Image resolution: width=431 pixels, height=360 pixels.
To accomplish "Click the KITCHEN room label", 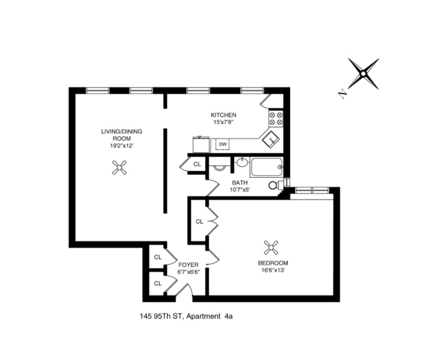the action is (223, 115).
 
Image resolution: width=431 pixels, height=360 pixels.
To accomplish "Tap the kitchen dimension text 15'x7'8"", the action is (223, 122).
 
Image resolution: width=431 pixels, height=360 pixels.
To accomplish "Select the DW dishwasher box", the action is (223, 144).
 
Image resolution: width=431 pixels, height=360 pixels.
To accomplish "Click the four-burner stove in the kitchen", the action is (275, 119).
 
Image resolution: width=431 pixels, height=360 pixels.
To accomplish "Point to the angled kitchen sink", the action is (270, 139).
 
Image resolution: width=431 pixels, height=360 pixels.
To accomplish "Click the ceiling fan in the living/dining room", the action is (120, 168).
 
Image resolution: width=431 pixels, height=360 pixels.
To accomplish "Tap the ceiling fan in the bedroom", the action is (271, 248).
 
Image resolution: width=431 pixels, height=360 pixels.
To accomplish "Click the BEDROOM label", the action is (273, 263).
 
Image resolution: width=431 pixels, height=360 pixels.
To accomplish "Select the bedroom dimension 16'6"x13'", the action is (273, 270).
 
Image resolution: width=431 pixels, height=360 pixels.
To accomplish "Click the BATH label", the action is (240, 183).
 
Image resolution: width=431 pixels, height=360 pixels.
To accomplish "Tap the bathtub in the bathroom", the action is (266, 167).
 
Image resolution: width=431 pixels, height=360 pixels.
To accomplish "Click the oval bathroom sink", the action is (242, 163).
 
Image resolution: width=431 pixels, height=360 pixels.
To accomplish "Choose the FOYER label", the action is (188, 265).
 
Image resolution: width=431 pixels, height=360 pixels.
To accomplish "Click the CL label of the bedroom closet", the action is (199, 221).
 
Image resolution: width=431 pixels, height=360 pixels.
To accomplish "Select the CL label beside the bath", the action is (197, 164).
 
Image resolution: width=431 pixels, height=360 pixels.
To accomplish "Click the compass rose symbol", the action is (363, 73).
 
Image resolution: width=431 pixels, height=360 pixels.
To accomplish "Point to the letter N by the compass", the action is (342, 94).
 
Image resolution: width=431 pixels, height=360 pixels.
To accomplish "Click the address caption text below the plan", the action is (186, 316).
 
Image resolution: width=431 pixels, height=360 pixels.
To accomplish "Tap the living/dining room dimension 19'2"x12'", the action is (122, 146).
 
